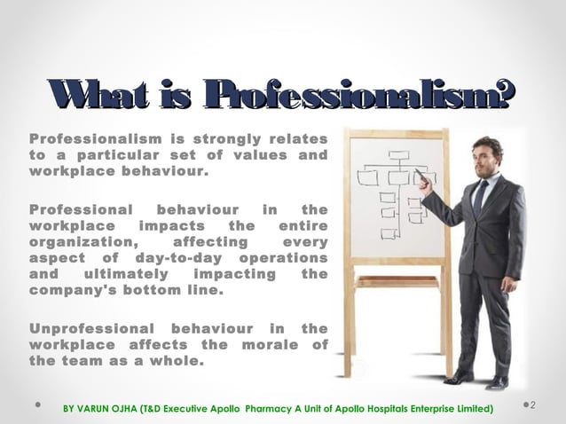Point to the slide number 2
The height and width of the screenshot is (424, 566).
pos(535,406)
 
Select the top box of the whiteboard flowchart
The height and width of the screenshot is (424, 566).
pos(398,155)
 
